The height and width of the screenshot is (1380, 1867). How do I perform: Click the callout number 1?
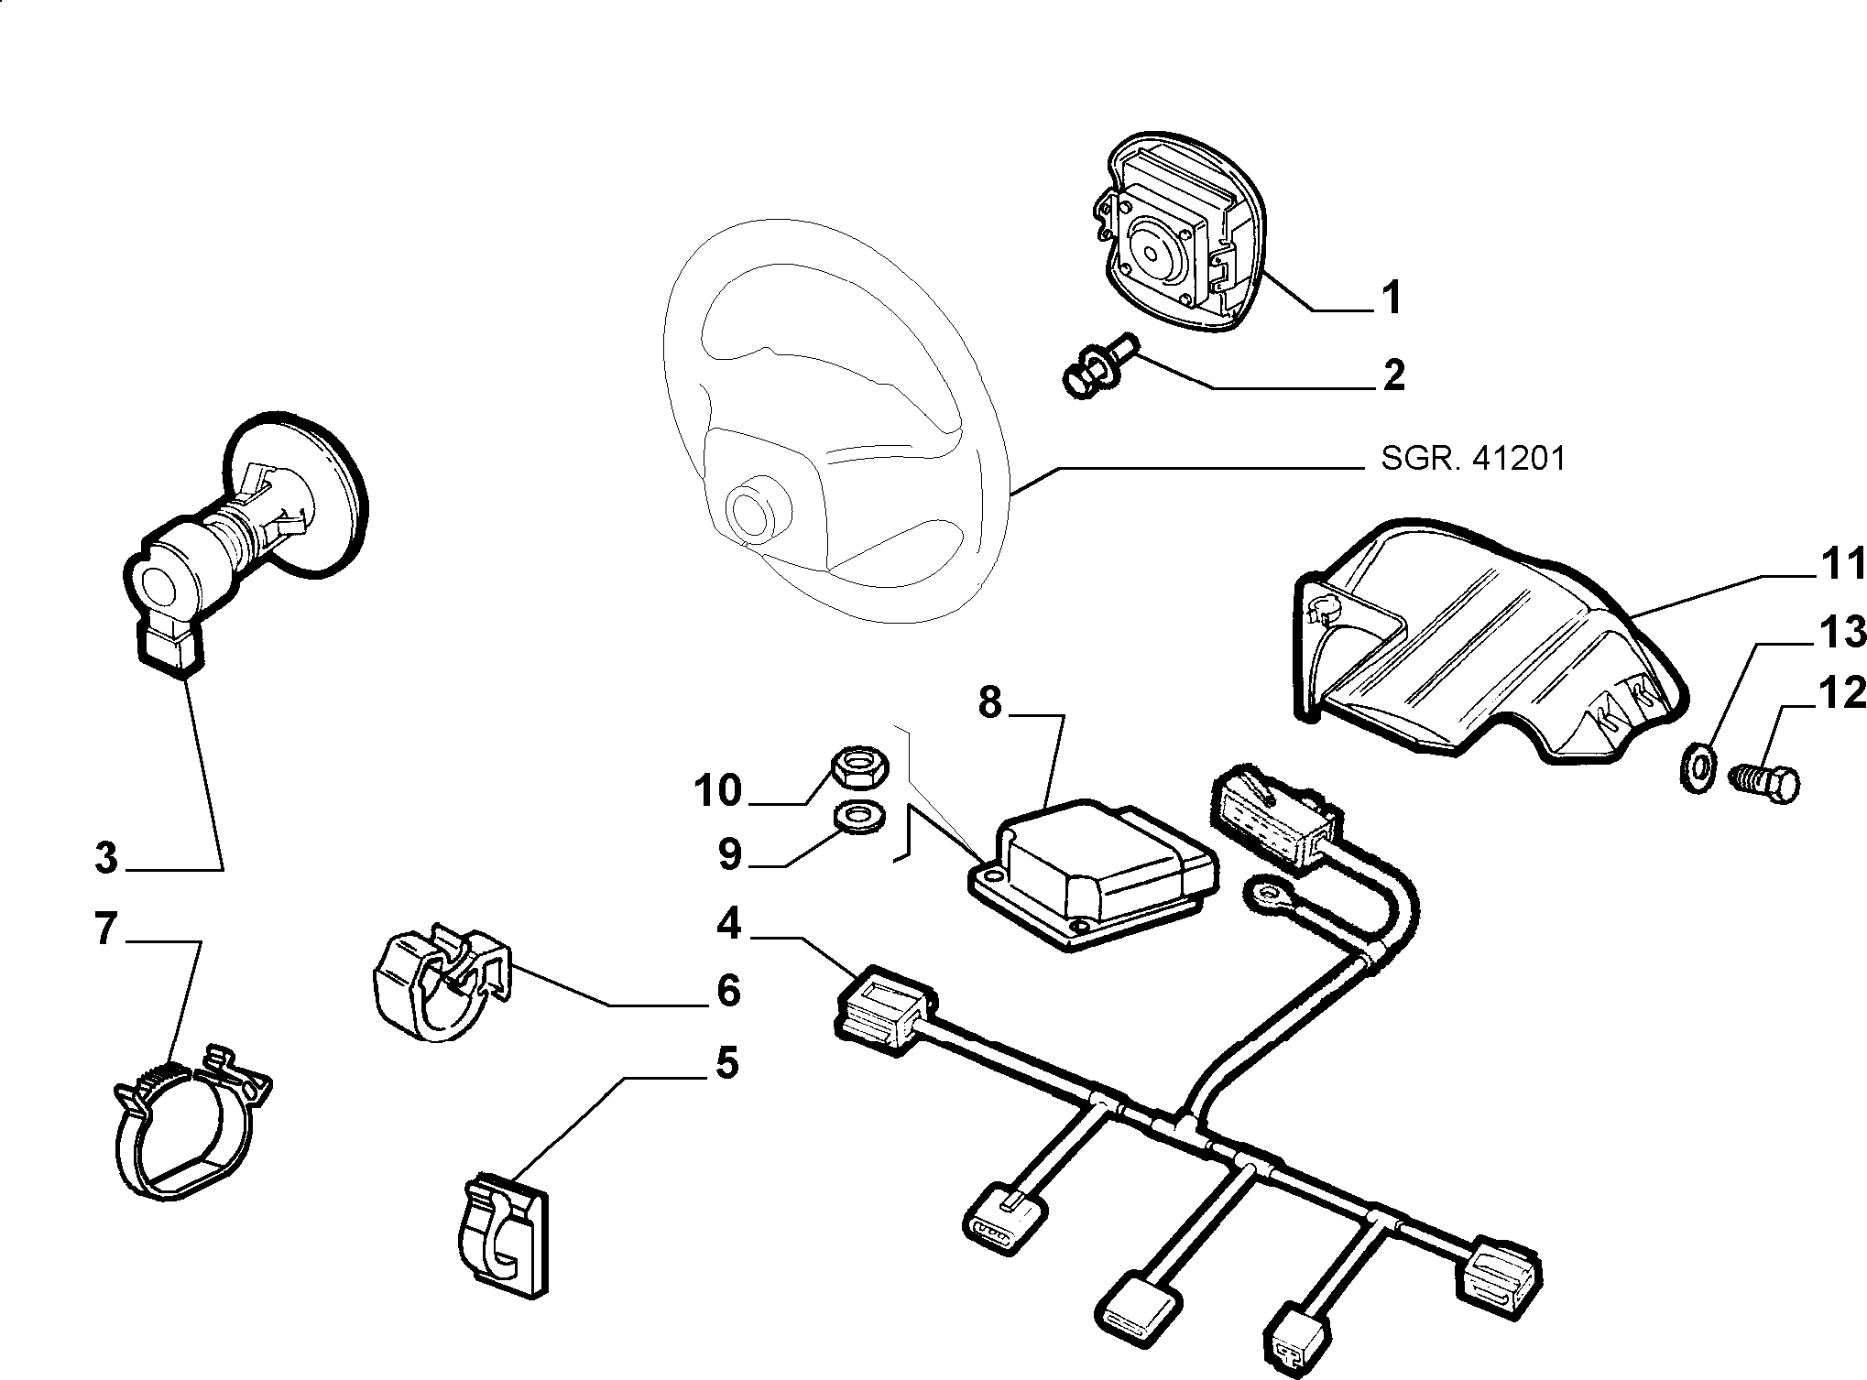[1391, 298]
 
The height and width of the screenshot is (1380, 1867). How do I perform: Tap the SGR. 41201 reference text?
[1473, 458]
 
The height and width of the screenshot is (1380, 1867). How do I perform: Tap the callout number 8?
[990, 703]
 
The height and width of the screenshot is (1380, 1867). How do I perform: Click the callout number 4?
[729, 924]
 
